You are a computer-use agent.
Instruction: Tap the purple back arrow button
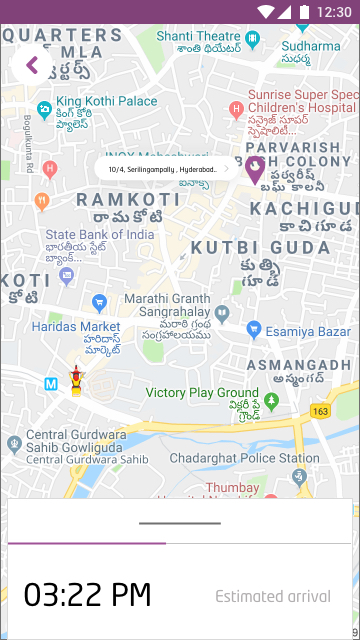coord(31,66)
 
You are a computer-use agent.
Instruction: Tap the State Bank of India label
coord(100,235)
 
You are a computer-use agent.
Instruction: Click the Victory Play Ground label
coord(202,393)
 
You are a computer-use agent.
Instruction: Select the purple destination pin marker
coord(255,168)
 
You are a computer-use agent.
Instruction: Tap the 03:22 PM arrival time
coord(88,596)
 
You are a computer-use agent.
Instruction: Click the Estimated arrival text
coord(273,597)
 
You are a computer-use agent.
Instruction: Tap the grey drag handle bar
coord(180,523)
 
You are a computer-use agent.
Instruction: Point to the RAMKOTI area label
coord(129,199)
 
